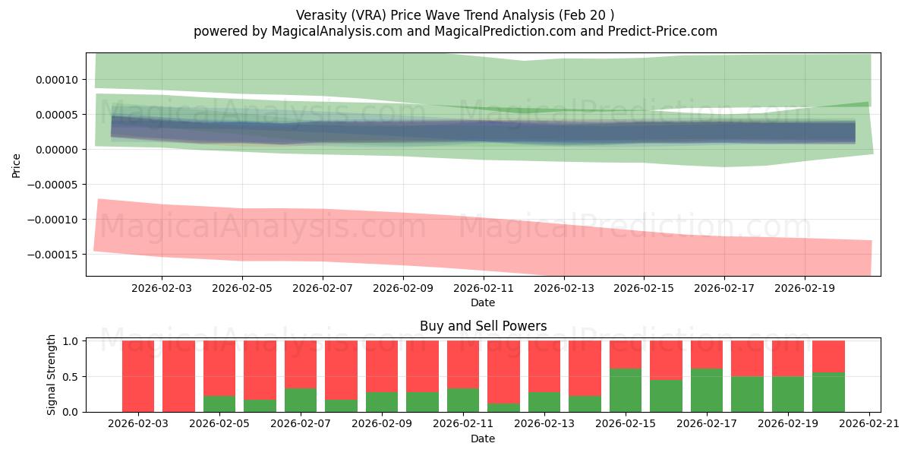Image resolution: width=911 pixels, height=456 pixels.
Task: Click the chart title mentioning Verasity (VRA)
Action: pos(455,14)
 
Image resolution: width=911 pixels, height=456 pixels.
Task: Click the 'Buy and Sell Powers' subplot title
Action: pos(483,326)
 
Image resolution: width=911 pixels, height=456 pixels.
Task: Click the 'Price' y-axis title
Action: pos(16,164)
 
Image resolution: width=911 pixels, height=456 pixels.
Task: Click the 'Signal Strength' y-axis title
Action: pos(52,375)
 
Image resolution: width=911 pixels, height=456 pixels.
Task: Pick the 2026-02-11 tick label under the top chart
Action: pos(483,288)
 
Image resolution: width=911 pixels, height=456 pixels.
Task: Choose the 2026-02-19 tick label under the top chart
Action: pos(805,288)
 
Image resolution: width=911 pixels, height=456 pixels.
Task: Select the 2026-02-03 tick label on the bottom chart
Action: pos(138,424)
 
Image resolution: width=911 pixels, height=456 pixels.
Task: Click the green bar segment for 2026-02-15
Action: pos(626,391)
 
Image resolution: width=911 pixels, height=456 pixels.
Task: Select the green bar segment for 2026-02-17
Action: pos(706,391)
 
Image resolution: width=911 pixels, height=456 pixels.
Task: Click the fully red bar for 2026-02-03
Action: pos(138,376)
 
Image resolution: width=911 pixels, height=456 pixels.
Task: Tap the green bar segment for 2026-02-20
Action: pos(828,392)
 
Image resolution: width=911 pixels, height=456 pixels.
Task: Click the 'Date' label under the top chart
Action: pos(483,302)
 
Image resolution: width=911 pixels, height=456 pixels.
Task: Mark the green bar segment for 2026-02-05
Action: pos(219,404)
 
